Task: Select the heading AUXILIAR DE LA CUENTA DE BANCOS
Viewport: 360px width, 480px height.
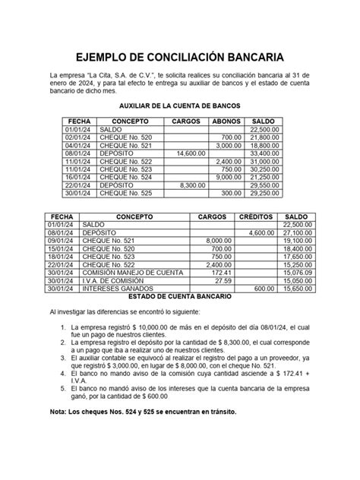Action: pos(180,108)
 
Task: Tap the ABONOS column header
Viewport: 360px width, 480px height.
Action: pos(226,122)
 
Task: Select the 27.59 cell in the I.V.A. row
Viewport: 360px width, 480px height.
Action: pos(219,280)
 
